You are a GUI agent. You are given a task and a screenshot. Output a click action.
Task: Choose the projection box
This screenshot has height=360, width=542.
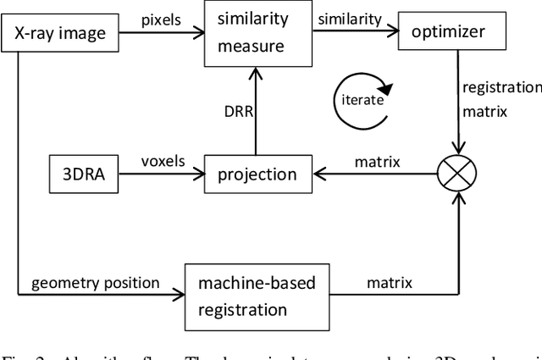(258, 174)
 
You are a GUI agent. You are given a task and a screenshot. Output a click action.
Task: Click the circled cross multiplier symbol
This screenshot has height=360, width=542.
(457, 174)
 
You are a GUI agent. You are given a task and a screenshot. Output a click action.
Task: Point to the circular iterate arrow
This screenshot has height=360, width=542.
(362, 99)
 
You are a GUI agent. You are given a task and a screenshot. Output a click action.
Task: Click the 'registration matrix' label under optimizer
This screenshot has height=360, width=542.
(500, 97)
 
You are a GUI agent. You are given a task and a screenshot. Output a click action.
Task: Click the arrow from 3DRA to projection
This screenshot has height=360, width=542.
(160, 174)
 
